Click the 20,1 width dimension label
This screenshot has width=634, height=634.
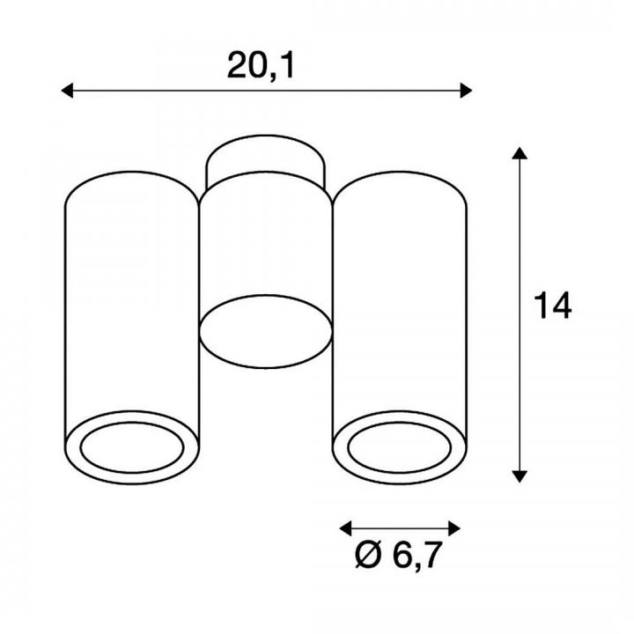261,65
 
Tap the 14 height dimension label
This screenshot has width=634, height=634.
553,306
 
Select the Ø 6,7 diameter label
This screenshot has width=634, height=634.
397,555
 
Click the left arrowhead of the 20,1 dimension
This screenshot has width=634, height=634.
67,91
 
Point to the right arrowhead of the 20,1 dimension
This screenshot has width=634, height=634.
466,91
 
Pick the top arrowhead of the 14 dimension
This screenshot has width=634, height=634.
520,153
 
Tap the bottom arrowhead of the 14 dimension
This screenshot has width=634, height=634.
520,476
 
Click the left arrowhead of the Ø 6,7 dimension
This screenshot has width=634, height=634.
345,528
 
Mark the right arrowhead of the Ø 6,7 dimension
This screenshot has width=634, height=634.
454,528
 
